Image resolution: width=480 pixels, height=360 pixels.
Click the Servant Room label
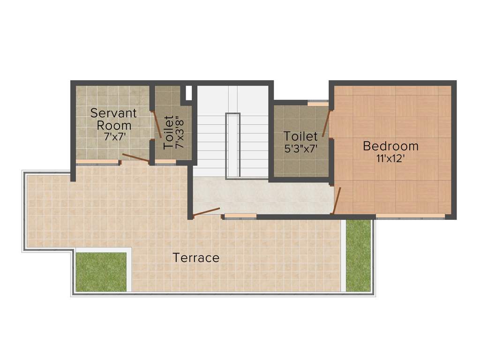113,119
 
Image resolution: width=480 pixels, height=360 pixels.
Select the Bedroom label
390,146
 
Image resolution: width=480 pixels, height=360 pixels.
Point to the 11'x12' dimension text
390,158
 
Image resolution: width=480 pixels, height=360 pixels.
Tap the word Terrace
196,257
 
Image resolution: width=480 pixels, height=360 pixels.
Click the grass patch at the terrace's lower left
101,272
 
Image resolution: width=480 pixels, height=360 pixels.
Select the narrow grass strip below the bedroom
358,255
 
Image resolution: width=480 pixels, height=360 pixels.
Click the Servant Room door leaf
135,158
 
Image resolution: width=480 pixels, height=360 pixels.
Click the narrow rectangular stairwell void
232,145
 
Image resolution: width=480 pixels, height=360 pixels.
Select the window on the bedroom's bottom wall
410,216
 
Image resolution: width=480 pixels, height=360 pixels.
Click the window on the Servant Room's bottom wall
97,162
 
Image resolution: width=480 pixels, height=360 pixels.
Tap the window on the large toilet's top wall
318,103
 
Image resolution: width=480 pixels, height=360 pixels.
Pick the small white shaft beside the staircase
188,93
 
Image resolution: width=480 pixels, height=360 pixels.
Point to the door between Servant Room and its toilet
157,124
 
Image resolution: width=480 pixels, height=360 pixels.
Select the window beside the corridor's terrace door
240,216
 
